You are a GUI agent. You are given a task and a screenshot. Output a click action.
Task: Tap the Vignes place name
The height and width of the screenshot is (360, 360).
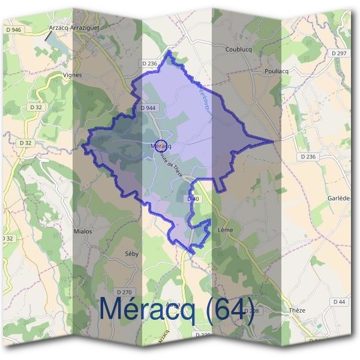[72, 75]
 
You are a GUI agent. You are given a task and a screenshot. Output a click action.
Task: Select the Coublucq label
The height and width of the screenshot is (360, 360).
[237, 49]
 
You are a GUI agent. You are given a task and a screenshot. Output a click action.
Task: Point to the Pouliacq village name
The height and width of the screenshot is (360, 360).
[277, 70]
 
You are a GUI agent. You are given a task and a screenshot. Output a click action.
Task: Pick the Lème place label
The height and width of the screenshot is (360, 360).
[226, 230]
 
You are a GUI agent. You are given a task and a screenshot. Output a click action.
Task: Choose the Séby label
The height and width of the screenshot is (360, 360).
[131, 254]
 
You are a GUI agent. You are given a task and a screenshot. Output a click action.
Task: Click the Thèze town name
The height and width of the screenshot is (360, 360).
[297, 310]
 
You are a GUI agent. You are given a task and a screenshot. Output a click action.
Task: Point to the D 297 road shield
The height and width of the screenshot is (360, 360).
[339, 53]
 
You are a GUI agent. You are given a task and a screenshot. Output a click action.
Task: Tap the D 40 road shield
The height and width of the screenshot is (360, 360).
[193, 199]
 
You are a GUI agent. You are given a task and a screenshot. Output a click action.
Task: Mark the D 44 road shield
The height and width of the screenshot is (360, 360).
[339, 301]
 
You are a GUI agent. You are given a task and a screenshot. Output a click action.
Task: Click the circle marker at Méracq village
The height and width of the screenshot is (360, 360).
[160, 145]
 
